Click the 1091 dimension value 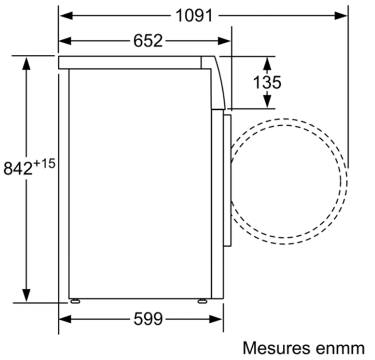pos(194,15)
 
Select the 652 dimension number pos(148,41)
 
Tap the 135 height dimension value pos(267,82)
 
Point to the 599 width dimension pos(148,319)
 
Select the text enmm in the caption pos(339,348)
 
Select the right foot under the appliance pos(202,300)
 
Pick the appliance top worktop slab pos(129,62)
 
